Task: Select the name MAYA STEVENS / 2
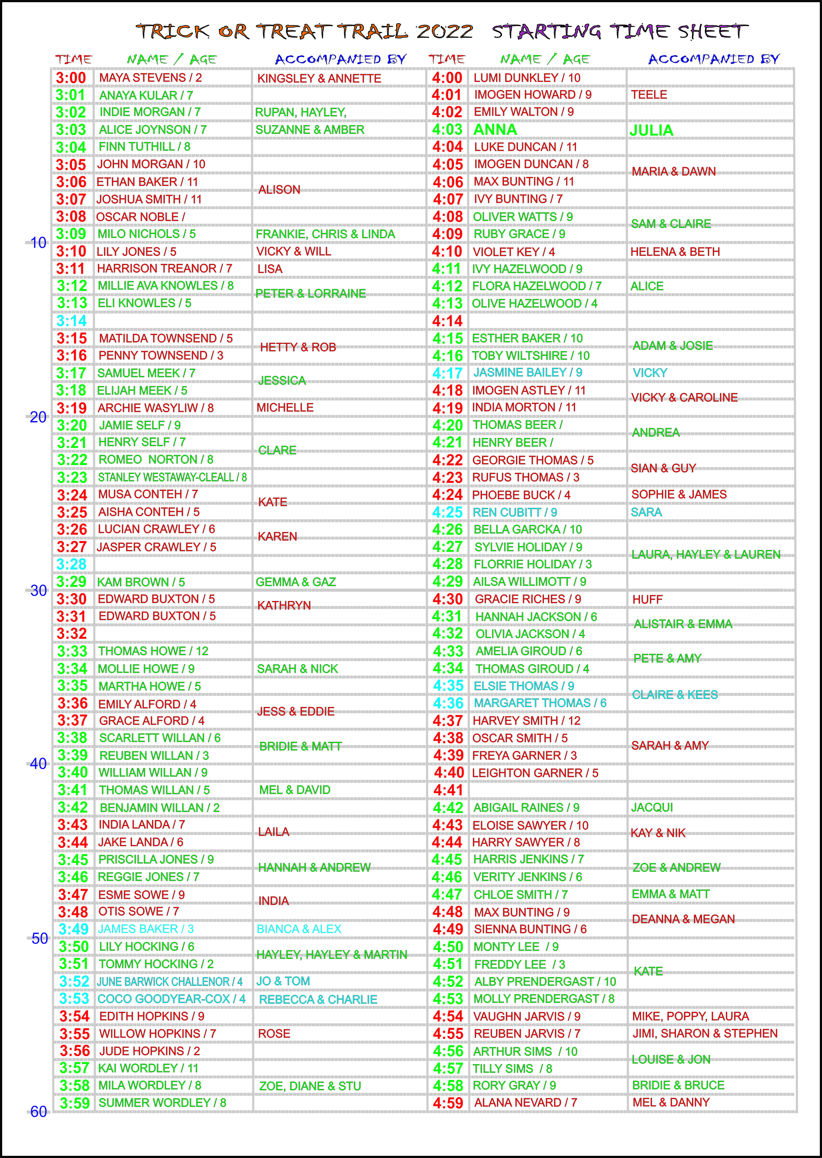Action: coord(150,78)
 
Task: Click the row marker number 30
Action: coord(38,590)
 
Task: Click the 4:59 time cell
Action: coord(448,1103)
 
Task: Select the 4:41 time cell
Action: coord(448,790)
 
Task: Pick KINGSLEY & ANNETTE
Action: coord(319,78)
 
